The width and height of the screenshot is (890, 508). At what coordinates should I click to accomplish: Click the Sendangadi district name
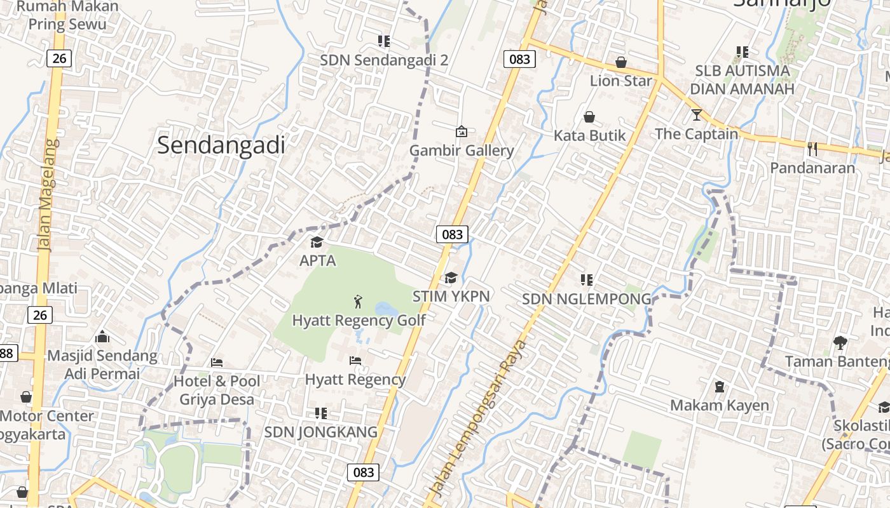[221, 145]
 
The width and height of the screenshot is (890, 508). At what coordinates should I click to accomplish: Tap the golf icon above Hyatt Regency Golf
[359, 301]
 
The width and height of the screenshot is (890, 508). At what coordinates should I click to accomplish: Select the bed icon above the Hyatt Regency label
[355, 361]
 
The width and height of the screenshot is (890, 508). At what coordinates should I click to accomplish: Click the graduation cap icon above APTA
[317, 242]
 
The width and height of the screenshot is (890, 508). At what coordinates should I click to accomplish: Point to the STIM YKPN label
[451, 296]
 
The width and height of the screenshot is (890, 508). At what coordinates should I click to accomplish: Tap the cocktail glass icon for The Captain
[697, 115]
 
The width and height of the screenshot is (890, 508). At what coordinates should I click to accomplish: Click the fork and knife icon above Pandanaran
[812, 149]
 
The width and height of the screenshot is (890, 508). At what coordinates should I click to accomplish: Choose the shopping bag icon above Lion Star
[621, 62]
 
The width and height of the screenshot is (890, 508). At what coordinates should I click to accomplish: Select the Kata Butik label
[589, 135]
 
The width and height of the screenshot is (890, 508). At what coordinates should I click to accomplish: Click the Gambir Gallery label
[462, 150]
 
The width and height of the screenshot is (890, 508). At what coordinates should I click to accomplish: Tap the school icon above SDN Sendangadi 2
[384, 41]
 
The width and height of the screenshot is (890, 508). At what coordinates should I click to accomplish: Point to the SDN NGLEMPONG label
[587, 298]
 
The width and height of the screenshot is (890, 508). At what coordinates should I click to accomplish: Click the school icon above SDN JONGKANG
[321, 413]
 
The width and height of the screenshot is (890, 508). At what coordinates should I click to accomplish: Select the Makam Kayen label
[720, 405]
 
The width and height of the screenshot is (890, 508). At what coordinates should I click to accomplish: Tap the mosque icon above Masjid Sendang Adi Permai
[102, 337]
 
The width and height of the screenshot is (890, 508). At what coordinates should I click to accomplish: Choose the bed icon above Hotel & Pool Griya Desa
[217, 363]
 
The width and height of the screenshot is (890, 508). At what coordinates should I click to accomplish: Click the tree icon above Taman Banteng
[840, 343]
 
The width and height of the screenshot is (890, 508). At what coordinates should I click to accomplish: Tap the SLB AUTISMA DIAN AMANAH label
[743, 79]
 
